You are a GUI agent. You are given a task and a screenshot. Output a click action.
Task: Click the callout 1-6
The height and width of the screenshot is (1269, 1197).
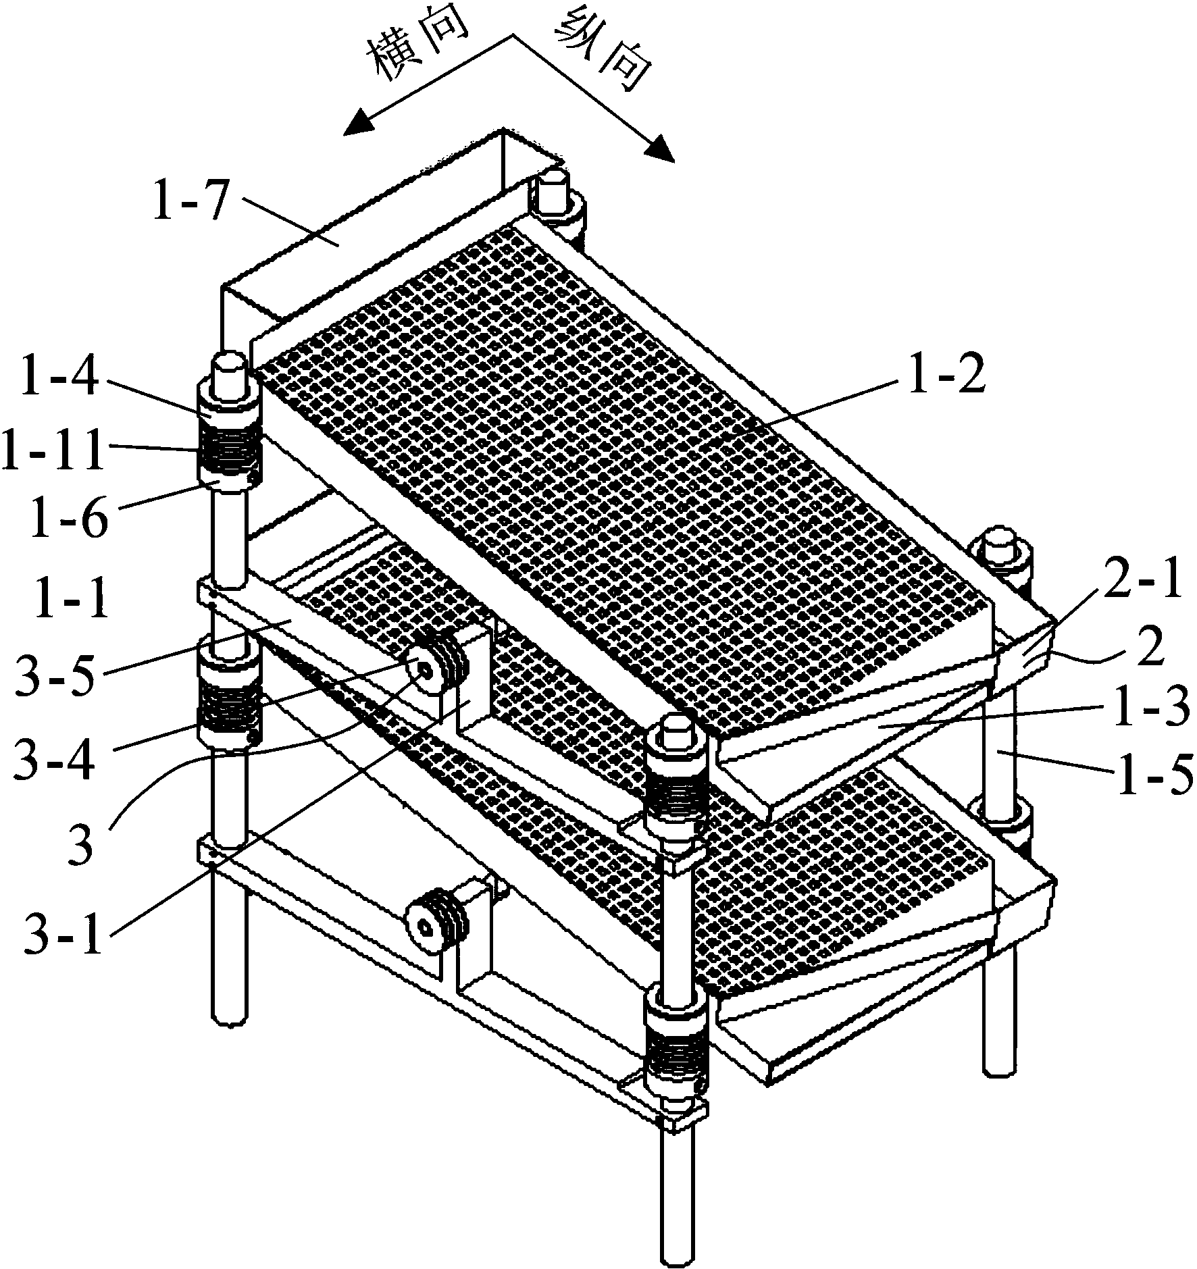[68, 514]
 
